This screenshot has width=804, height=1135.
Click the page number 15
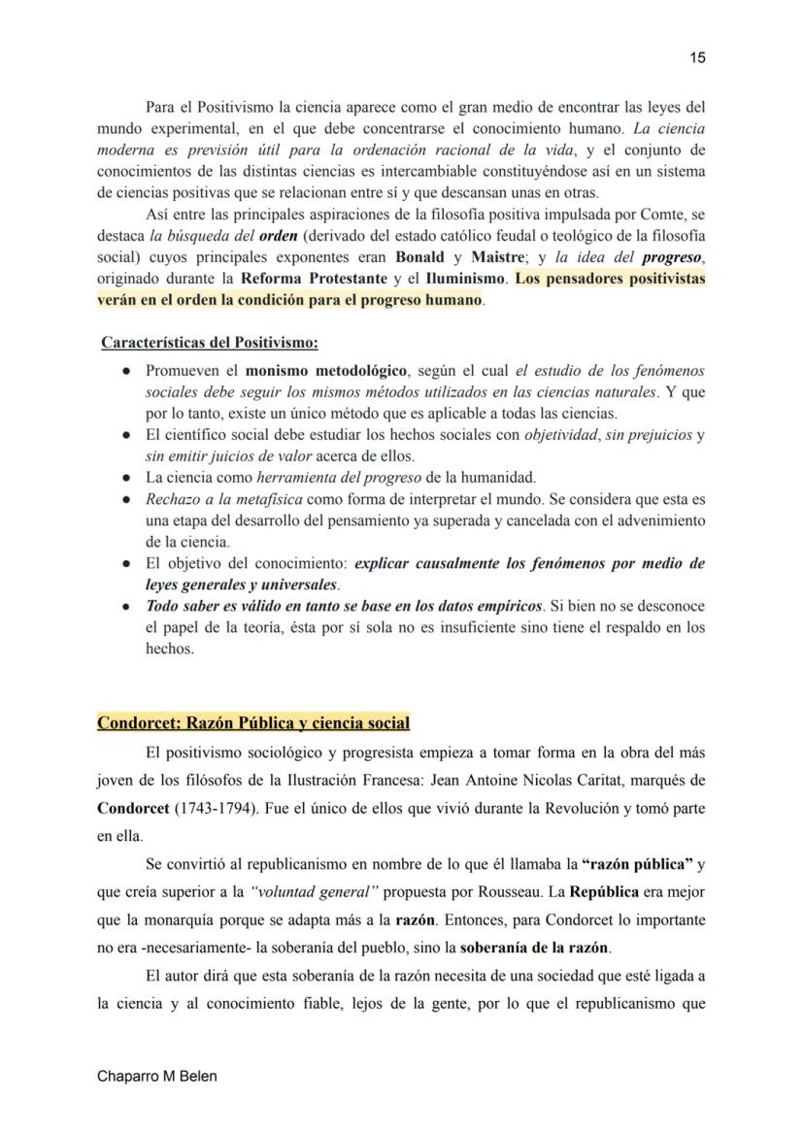(697, 58)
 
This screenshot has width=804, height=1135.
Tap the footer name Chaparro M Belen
(157, 1077)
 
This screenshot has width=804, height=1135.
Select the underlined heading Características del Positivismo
(210, 343)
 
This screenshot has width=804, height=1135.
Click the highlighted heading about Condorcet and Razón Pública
(253, 723)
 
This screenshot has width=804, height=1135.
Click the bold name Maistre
(498, 258)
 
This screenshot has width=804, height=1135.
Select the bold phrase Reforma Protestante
(301, 280)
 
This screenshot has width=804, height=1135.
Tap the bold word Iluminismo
(464, 280)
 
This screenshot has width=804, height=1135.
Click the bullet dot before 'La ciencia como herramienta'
(127, 478)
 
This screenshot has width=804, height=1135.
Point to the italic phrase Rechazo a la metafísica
(222, 499)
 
